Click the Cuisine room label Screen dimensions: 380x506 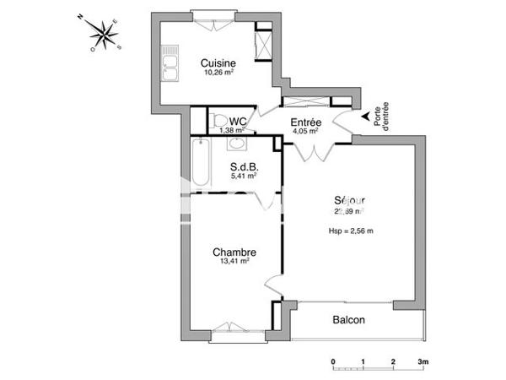tap(218, 63)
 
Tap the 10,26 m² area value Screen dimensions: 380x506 tap(218, 73)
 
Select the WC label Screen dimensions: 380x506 tap(237, 122)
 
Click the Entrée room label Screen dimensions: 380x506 tap(304, 122)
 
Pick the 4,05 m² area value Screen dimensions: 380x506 tap(304, 132)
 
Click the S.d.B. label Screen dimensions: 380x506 tap(244, 166)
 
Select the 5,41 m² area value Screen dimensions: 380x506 tap(244, 176)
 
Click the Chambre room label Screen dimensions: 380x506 tap(234, 252)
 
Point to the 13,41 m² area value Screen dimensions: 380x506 tap(234, 262)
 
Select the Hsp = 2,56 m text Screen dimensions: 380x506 tap(350, 231)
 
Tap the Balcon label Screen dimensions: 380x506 tap(348, 320)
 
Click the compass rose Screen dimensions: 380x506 tap(105, 34)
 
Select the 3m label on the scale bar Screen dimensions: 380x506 tap(423, 361)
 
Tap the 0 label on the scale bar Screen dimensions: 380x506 tap(333, 361)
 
